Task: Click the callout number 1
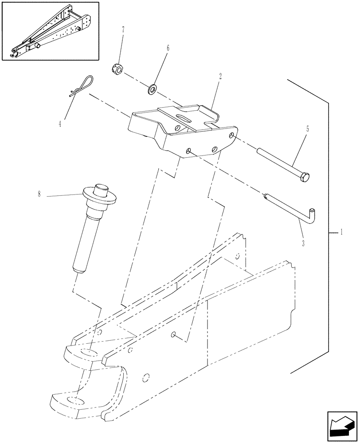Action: click(x=341, y=233)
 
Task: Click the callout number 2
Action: click(x=220, y=76)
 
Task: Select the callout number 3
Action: click(x=303, y=243)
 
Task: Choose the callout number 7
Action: click(x=123, y=30)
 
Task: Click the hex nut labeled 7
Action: click(x=117, y=70)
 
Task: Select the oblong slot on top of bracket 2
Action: click(x=183, y=117)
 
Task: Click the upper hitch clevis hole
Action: click(x=90, y=352)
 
